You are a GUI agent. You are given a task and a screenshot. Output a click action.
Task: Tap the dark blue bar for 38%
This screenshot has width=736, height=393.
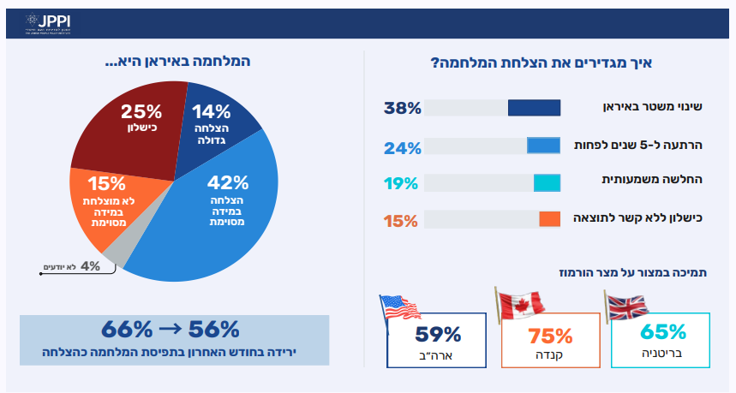[534, 109]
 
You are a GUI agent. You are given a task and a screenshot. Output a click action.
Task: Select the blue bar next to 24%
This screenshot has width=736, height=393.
[543, 146]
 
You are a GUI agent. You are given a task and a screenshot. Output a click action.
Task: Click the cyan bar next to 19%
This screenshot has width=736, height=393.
[547, 182]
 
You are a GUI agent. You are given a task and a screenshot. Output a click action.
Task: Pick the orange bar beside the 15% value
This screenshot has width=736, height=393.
[549, 219]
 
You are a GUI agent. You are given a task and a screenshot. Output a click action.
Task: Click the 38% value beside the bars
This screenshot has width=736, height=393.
[402, 109]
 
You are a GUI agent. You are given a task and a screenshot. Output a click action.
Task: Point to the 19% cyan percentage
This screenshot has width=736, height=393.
[402, 182]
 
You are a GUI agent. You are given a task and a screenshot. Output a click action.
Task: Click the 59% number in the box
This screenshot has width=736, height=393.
[438, 335]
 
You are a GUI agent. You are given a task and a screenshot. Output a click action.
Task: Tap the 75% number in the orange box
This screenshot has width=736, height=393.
[550, 335]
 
